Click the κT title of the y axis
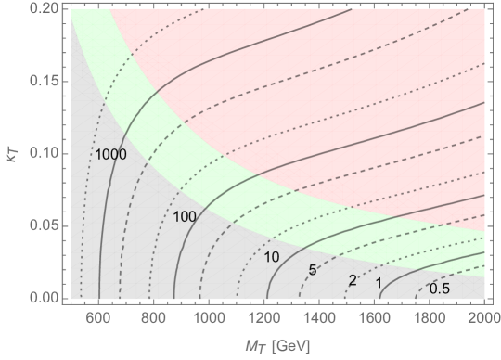click(12, 153)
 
